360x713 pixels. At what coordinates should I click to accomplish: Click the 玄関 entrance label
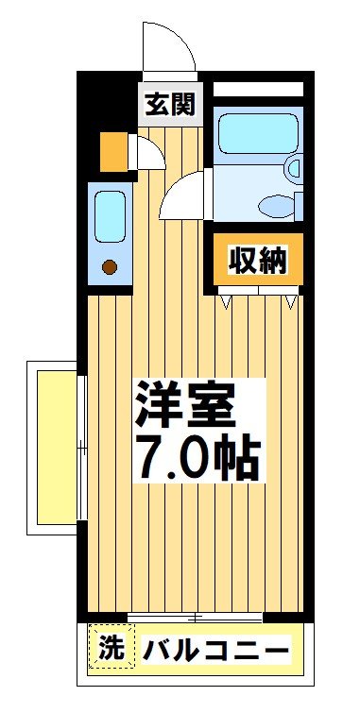[170, 105]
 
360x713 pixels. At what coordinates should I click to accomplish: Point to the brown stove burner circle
[110, 267]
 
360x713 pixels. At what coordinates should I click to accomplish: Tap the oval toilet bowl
[275, 204]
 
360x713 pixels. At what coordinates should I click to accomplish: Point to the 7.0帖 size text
[196, 459]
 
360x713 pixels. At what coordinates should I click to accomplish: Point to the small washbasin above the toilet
[294, 170]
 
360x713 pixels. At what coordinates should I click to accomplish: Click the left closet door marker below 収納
[227, 302]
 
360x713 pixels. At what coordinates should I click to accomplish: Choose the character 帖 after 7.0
[236, 459]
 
